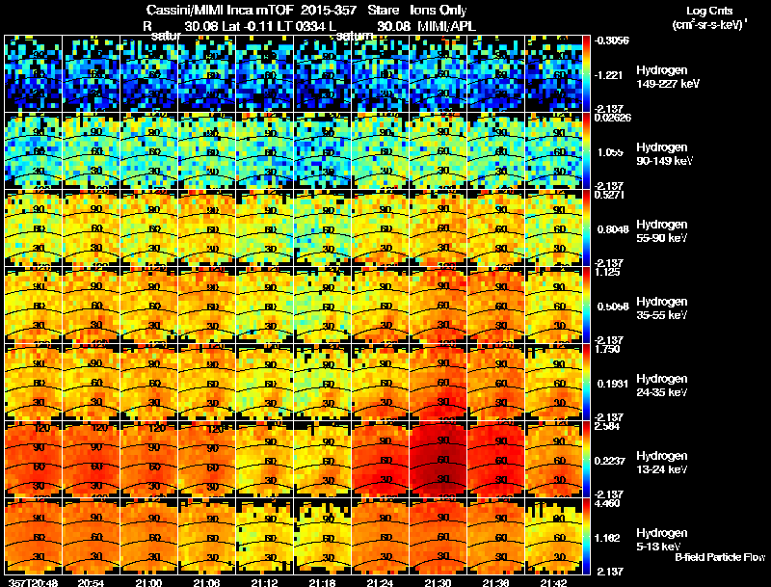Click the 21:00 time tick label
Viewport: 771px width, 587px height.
click(x=148, y=582)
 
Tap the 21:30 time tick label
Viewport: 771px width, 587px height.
click(x=439, y=582)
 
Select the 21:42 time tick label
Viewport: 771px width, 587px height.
click(x=554, y=582)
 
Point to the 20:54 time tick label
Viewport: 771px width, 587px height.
click(x=91, y=582)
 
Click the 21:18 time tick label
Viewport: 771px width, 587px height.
click(x=323, y=582)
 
